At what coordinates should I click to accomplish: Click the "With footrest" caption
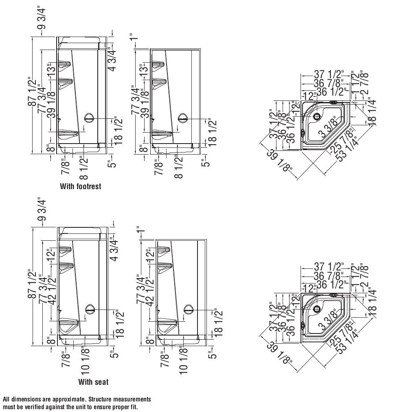80,186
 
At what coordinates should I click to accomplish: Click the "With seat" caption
93,382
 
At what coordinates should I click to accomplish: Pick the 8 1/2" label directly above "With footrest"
83,168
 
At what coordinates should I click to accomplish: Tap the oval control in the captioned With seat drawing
90,310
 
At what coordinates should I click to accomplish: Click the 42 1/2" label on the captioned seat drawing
52,291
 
